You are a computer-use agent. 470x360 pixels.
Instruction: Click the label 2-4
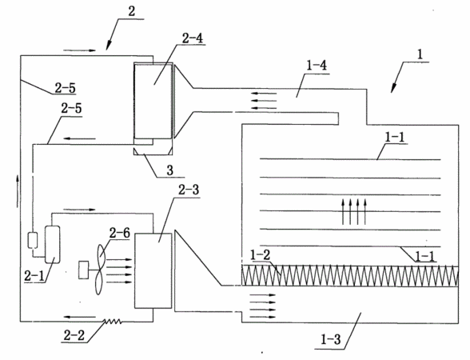192,38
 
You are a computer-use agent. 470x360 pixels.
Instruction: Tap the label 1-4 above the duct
317,66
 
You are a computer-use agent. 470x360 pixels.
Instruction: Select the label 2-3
189,190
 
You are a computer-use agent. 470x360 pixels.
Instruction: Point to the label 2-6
120,232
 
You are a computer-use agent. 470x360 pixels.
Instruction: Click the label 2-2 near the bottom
74,335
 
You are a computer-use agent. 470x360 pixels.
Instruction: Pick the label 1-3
331,339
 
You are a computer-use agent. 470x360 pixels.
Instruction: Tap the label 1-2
260,254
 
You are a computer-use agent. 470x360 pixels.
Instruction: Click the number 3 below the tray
169,170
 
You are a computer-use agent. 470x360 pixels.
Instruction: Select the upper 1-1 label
395,137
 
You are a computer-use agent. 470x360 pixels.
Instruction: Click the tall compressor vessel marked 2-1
52,245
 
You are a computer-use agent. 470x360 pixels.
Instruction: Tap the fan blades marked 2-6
100,269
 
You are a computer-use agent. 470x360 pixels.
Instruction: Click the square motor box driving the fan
84,270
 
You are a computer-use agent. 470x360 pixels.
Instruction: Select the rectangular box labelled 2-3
153,270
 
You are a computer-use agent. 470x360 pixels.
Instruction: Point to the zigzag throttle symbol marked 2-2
113,322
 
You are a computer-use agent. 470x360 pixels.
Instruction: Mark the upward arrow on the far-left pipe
18,191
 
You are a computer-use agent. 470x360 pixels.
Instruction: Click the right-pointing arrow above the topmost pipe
79,50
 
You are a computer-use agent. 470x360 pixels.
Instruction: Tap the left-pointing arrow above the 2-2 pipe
80,317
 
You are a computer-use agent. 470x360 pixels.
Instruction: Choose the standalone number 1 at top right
420,55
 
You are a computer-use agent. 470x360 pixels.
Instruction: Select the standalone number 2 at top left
132,12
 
